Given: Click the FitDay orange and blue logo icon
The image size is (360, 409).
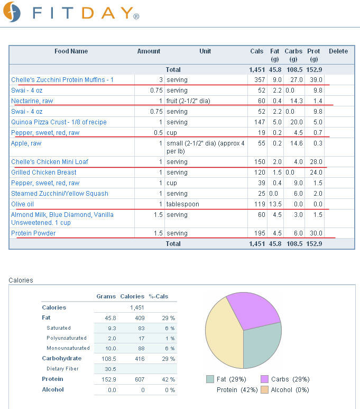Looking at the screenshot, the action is point(12,12).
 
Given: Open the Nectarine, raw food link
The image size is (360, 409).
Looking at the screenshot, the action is point(32,101).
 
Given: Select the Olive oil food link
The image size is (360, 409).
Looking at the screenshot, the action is point(22,204).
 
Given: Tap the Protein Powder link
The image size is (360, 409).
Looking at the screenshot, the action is point(33,233).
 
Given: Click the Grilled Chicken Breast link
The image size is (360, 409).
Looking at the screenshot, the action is point(44,172).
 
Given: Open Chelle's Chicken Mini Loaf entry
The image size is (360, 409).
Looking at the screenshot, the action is point(50,162).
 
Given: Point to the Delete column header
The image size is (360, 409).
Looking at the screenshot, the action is point(338,51).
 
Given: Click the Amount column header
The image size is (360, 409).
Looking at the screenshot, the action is point(149,51).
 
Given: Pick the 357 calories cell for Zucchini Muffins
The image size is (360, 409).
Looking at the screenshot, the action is point(260,80).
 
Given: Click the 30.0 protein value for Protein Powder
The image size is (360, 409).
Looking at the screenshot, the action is point(316,233).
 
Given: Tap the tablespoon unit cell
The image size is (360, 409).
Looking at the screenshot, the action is point(183,204).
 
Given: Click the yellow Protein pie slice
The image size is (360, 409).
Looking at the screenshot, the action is point(224,334).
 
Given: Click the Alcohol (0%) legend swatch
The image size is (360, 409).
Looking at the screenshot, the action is point(265,390).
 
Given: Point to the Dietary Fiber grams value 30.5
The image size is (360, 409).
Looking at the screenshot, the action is point(110,369).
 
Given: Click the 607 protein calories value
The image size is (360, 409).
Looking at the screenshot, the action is point(140,379).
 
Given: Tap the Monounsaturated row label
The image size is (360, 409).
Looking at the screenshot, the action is point(68,348).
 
